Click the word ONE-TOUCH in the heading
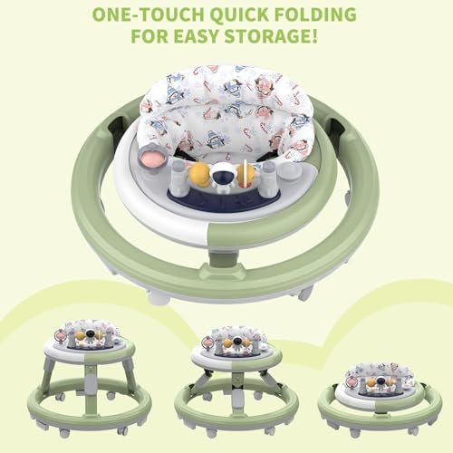coord(149,14)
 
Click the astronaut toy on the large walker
coord(220,178)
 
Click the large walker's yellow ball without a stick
coord(199,174)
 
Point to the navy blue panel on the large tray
coord(220,202)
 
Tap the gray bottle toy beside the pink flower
coord(178,178)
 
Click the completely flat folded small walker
coord(380,400)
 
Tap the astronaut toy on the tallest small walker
coord(89,336)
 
